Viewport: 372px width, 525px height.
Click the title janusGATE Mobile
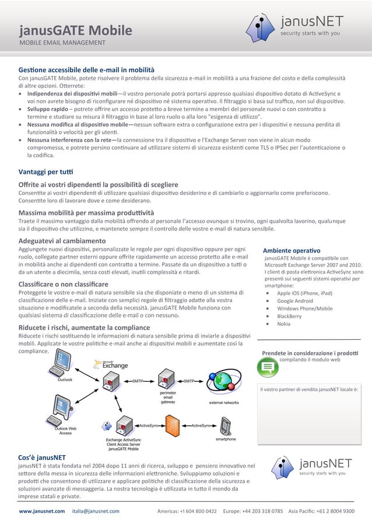(x=75, y=30)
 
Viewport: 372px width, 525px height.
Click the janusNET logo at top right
(x=294, y=26)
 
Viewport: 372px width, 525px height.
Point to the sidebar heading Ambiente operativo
(x=291, y=250)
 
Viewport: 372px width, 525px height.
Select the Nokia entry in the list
(x=283, y=324)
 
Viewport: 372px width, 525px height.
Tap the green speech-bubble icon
(x=268, y=367)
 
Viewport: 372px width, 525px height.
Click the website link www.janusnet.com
(x=41, y=511)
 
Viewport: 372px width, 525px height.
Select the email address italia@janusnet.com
(x=96, y=511)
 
